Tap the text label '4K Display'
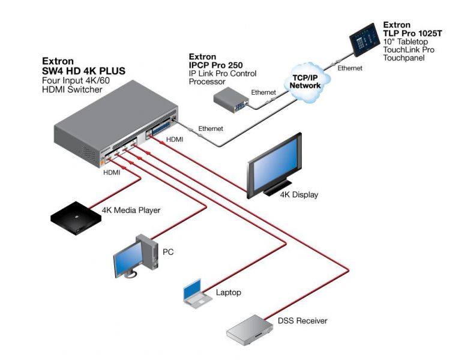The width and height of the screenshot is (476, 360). point(300,194)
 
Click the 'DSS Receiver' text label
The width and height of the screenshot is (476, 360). point(303,321)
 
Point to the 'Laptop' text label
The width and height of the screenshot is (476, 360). point(228,293)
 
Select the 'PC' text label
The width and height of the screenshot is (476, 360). point(168,252)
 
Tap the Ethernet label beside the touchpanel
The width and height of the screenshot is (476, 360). point(350,68)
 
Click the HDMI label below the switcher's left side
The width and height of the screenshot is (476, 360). point(112,173)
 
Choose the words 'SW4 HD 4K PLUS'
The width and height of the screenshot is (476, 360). point(83,71)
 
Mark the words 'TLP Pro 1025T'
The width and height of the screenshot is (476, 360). point(412,34)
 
